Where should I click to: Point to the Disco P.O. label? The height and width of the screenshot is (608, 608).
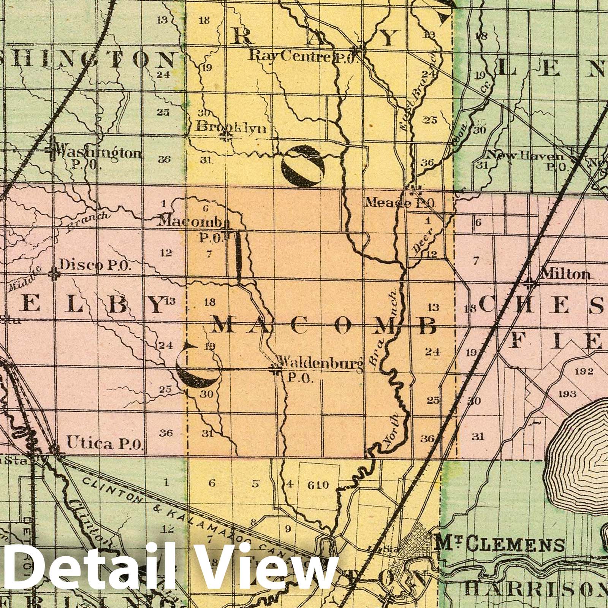click(95, 266)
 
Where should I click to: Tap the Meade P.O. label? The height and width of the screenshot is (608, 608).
click(399, 203)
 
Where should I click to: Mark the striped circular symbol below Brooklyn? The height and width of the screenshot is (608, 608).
click(303, 166)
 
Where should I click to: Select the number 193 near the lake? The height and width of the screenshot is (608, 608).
click(567, 393)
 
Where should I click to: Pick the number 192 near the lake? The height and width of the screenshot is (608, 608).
click(581, 371)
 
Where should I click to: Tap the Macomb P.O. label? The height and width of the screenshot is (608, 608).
click(192, 228)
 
